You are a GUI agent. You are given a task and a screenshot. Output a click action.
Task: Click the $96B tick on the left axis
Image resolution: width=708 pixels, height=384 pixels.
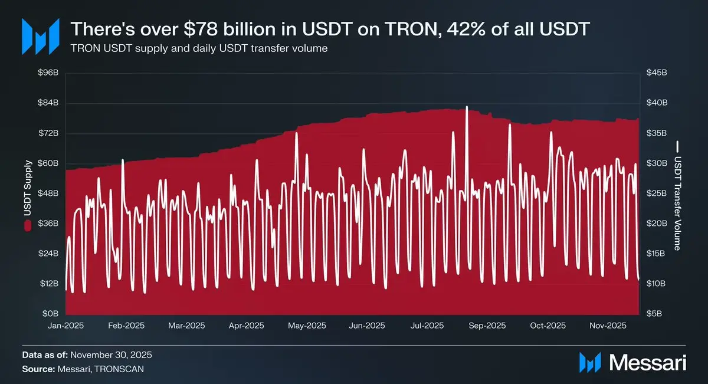click(48, 73)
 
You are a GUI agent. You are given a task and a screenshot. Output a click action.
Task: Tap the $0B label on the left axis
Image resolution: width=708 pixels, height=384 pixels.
click(50, 314)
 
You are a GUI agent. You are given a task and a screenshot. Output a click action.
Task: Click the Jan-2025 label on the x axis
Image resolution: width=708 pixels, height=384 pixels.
click(65, 326)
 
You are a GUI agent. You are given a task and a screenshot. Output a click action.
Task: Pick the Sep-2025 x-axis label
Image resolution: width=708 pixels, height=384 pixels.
click(487, 326)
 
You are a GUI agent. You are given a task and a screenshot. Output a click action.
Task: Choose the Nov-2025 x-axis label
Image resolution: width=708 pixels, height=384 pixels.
click(609, 326)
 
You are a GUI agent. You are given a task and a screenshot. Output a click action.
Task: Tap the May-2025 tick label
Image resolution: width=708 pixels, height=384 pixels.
click(307, 326)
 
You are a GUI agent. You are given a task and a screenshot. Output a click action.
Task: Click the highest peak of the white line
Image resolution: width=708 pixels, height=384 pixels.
click(467, 107)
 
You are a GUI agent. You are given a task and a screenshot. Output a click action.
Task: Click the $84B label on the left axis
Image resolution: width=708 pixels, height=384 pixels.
click(48, 103)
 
